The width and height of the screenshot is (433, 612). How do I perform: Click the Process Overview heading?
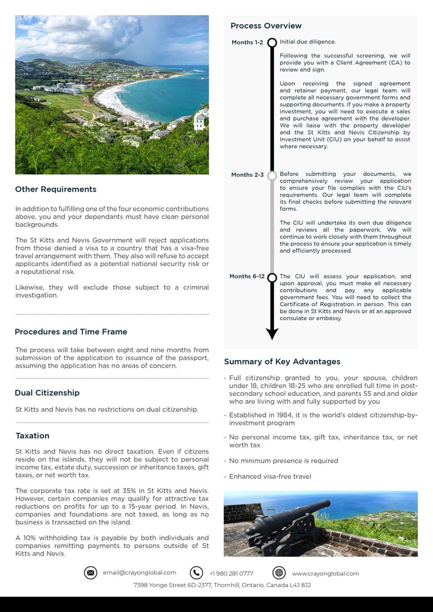(266, 26)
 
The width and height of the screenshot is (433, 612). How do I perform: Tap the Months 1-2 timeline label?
(247, 43)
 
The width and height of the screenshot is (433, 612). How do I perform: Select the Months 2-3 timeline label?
(247, 175)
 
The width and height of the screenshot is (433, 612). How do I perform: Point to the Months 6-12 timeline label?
(247, 277)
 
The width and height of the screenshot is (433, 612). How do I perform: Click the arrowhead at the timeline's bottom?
(272, 334)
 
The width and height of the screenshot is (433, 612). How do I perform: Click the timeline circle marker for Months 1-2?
(272, 43)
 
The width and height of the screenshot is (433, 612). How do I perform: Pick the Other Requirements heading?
(55, 189)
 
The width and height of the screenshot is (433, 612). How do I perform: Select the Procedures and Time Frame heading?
(71, 332)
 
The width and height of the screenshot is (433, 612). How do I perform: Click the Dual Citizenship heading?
(47, 393)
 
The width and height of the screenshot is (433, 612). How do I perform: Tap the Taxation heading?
(32, 436)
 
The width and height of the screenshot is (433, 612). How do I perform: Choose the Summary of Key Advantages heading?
(282, 362)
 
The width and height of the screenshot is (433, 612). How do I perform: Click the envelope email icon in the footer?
(90, 573)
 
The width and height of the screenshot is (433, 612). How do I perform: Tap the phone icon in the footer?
(196, 573)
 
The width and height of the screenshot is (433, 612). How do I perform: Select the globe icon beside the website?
(279, 573)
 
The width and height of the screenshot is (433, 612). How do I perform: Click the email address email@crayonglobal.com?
(139, 573)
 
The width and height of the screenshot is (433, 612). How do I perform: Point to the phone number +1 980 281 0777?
(231, 574)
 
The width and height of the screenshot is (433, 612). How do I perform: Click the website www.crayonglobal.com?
(325, 574)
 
